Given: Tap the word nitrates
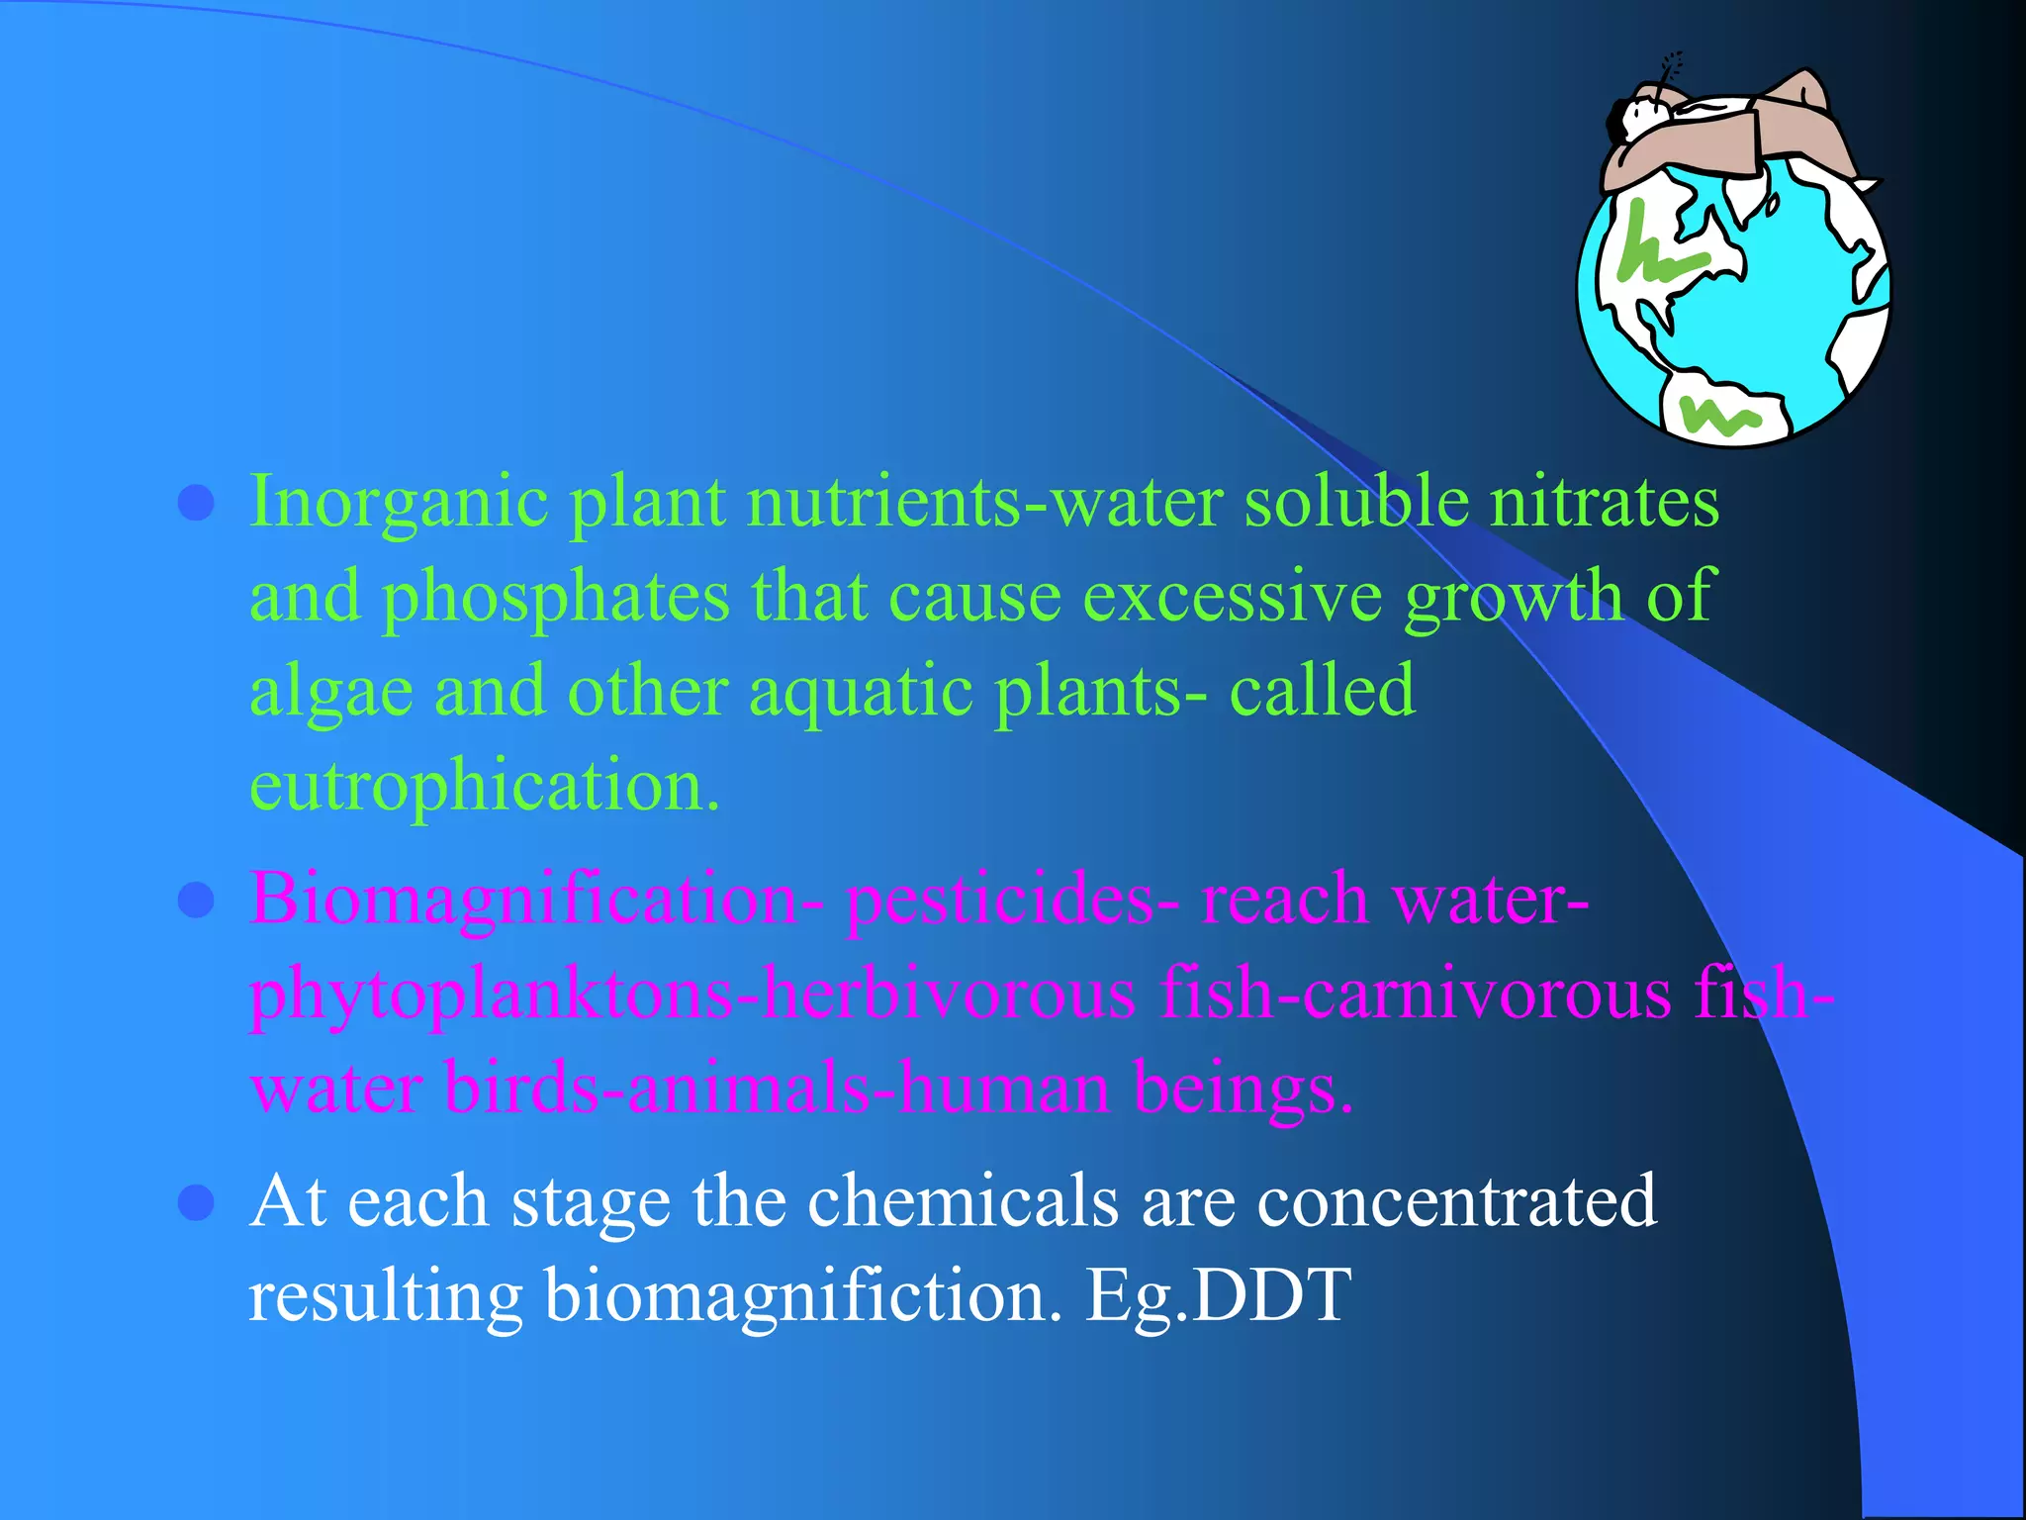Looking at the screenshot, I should click(x=1604, y=501).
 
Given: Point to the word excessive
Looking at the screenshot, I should click(x=1232, y=596).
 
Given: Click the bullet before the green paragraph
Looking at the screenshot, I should click(x=196, y=503).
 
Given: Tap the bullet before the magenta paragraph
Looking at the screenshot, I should click(x=196, y=901).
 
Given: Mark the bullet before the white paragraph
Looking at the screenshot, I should click(x=196, y=1203).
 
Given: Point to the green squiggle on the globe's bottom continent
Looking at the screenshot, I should click(x=1721, y=416).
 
